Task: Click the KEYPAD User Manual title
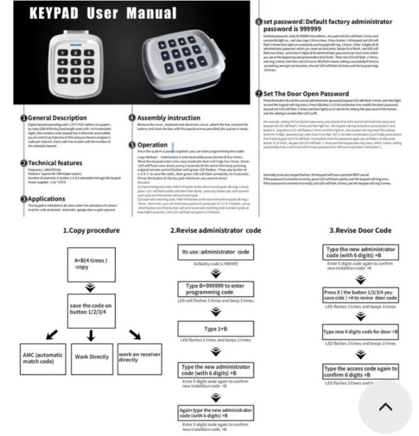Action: point(95,13)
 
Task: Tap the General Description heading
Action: point(58,118)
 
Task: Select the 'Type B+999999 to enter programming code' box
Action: point(216,289)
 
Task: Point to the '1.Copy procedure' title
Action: point(91,231)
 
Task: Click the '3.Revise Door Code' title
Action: point(360,231)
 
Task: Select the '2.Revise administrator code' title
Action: point(216,231)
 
